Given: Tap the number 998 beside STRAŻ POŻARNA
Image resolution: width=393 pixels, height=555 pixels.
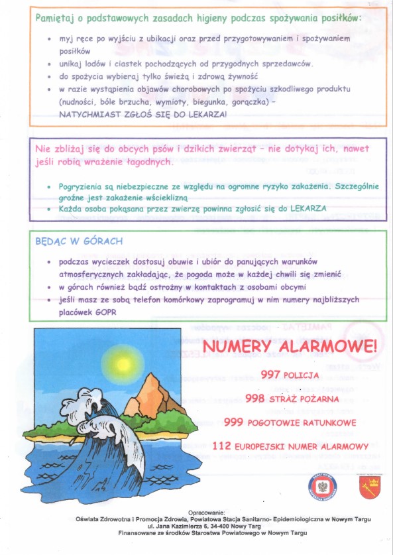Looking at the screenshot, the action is [x=255, y=399].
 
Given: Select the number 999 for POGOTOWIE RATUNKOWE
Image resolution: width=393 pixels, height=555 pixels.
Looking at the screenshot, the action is [x=234, y=422].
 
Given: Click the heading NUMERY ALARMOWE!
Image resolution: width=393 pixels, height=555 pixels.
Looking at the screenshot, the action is [x=290, y=346].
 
